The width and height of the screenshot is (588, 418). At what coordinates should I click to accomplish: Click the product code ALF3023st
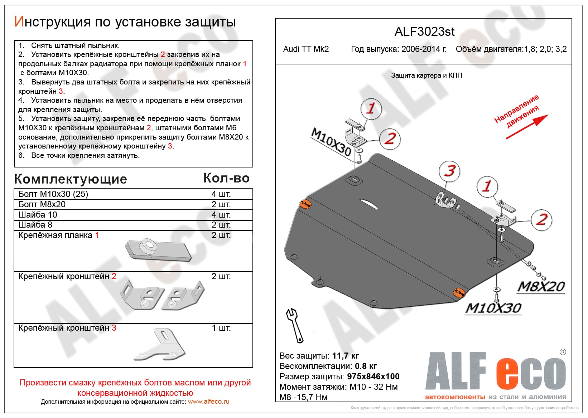(x=424, y=32)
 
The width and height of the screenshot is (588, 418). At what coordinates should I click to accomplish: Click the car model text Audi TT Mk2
(x=306, y=49)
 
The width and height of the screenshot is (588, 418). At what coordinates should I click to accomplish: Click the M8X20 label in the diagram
(x=541, y=287)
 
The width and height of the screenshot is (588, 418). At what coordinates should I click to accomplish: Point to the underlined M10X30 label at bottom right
(x=493, y=308)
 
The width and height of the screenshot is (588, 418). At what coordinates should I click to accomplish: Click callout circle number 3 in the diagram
(x=449, y=171)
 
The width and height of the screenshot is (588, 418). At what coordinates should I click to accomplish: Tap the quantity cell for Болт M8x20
(x=221, y=204)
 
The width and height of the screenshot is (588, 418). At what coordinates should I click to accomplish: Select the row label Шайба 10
(x=38, y=215)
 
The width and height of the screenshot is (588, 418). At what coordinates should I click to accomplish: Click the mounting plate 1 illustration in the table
(x=158, y=249)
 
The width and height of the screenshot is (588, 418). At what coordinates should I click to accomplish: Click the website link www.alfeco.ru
(x=208, y=402)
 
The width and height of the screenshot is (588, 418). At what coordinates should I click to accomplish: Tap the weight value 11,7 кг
(x=345, y=356)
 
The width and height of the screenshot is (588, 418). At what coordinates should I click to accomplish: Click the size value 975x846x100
(x=373, y=376)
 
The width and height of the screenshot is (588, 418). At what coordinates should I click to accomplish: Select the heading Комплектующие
(x=71, y=179)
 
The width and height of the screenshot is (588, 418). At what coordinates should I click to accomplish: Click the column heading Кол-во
(x=226, y=178)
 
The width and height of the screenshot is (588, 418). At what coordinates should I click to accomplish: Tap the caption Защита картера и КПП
(x=426, y=76)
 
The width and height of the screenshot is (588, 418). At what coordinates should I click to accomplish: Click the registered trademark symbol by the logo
(x=563, y=352)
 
